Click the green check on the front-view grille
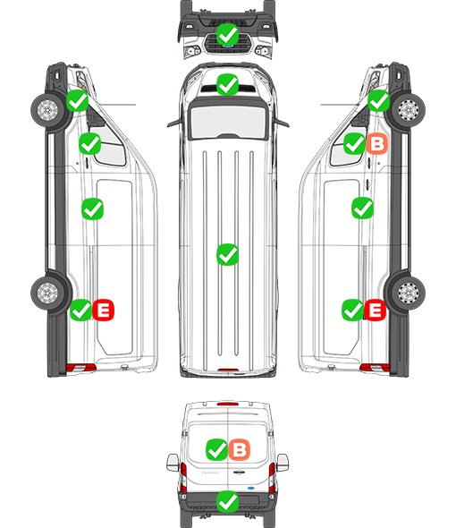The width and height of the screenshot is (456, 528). [x=227, y=34]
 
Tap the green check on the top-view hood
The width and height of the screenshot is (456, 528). [x=227, y=84]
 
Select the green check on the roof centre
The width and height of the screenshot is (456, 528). [x=227, y=254]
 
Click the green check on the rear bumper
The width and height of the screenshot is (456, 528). [x=227, y=502]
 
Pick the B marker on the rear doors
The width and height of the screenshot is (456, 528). [x=240, y=449]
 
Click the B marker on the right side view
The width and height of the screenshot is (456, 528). [x=377, y=143]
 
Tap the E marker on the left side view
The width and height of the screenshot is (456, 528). [x=104, y=310]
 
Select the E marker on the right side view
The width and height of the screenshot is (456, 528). [x=375, y=310]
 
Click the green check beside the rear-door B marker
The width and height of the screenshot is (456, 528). [x=216, y=449]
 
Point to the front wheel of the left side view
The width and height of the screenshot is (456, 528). [x=47, y=110]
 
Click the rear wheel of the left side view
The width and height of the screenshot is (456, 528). [x=47, y=293]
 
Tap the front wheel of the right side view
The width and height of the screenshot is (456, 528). [x=409, y=110]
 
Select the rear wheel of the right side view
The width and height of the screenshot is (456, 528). [x=409, y=293]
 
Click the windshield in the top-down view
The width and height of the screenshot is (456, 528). [x=228, y=121]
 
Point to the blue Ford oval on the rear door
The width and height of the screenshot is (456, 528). [x=250, y=488]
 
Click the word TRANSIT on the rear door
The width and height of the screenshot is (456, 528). [x=210, y=473]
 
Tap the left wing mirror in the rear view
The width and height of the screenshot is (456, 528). [x=173, y=463]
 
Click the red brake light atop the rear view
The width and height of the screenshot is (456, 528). [x=228, y=404]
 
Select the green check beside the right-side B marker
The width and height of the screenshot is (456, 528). [x=354, y=143]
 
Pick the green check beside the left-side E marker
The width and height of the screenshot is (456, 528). [x=80, y=310]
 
